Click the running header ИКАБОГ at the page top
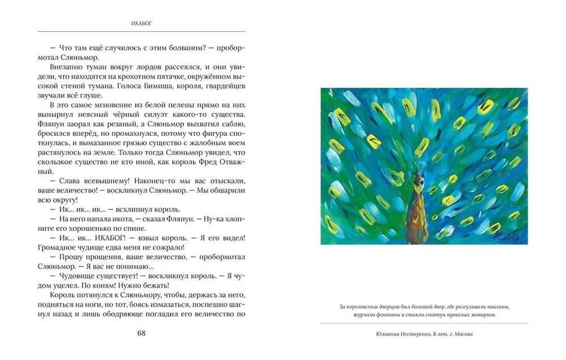[x=141, y=24]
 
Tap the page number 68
[x=141, y=333]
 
